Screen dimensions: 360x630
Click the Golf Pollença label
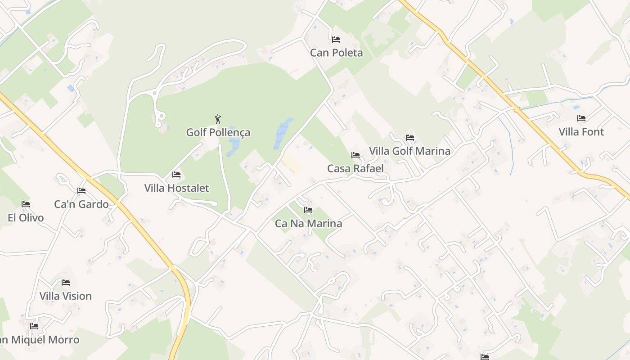(218, 133)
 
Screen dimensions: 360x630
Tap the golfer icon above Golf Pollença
(218, 119)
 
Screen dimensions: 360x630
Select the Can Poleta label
(336, 53)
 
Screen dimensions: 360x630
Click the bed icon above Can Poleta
(336, 40)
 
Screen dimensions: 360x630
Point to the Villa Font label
(581, 132)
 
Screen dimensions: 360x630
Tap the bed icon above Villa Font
(581, 118)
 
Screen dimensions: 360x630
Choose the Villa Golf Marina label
(409, 151)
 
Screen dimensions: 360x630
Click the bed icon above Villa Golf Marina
(409, 138)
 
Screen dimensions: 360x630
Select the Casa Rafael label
(355, 169)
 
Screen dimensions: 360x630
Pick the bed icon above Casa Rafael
(355, 155)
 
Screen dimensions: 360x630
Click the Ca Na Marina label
(308, 224)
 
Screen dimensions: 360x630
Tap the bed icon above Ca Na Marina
(308, 210)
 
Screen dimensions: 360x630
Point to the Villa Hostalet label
(176, 188)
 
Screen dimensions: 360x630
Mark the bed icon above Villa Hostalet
(176, 175)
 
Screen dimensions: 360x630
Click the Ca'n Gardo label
(81, 204)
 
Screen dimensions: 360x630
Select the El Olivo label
(26, 218)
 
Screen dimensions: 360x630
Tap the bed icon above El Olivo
(26, 204)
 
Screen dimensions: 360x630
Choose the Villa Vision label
(66, 296)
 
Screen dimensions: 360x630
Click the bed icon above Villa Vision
(66, 283)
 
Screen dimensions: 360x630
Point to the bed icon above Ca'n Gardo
(81, 191)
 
